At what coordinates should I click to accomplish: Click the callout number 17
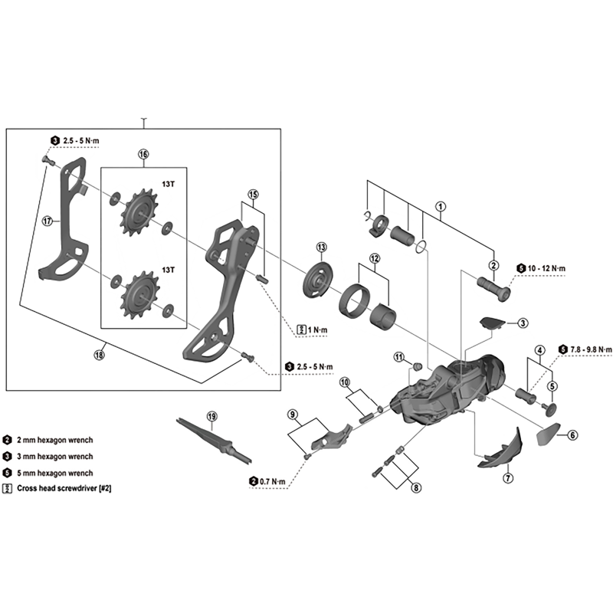click(x=47, y=221)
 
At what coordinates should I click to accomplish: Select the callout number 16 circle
click(x=143, y=154)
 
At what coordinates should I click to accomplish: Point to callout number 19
click(x=211, y=416)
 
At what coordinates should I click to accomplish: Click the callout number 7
click(x=507, y=478)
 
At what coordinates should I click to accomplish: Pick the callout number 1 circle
click(x=441, y=205)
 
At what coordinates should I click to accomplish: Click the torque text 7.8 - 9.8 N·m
click(x=586, y=349)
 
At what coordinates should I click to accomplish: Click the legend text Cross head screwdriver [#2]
click(x=68, y=487)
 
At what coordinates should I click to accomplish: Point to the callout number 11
click(x=398, y=357)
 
